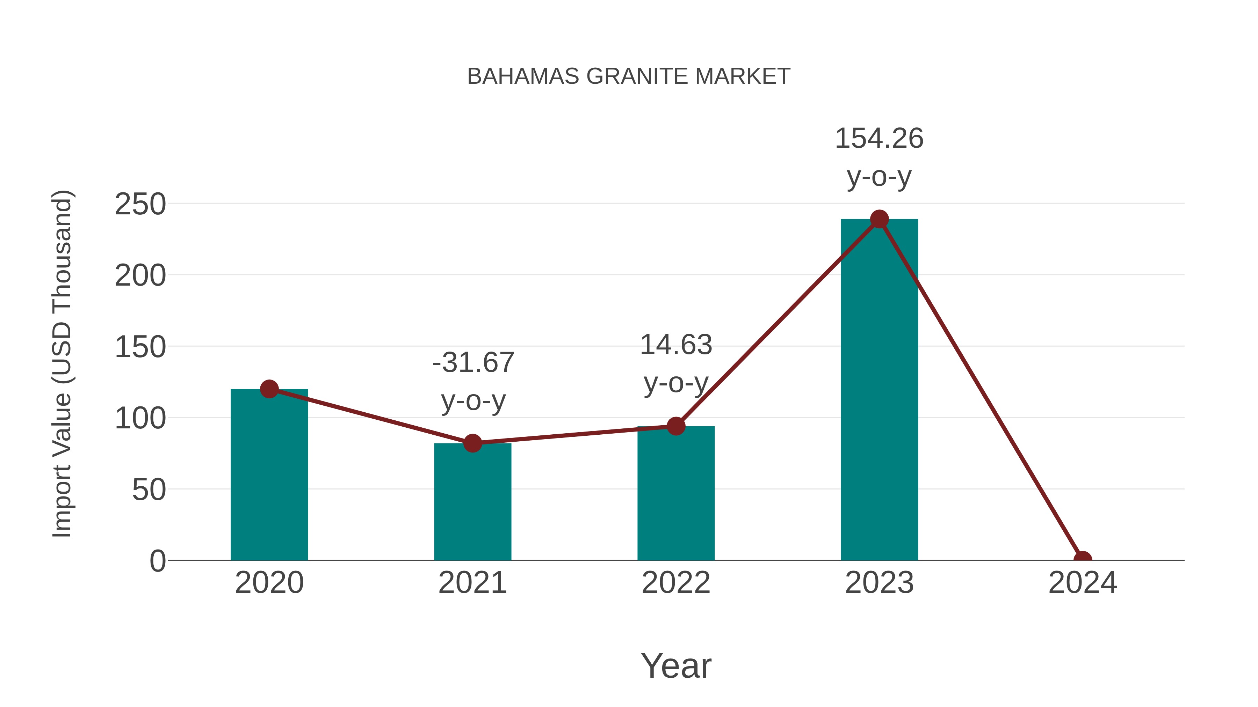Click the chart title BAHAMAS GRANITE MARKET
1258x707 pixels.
click(629, 76)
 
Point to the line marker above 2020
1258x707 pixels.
click(269, 389)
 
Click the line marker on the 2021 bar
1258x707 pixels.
click(472, 443)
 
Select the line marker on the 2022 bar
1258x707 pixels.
click(676, 426)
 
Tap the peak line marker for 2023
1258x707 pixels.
click(879, 219)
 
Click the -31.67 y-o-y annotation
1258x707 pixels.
click(473, 382)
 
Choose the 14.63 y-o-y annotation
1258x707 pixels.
click(676, 364)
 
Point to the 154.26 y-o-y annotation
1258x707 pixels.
click(879, 157)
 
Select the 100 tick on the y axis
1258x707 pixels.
click(140, 418)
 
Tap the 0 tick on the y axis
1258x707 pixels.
click(157, 561)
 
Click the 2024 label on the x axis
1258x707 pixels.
click(1083, 583)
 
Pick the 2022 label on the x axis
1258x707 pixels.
click(676, 583)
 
